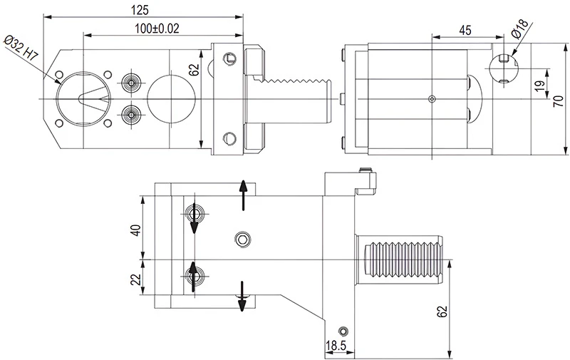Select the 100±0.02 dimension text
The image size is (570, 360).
155,28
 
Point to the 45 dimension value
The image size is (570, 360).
465,30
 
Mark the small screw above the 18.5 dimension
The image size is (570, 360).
344,331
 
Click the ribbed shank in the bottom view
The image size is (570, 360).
403,259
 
